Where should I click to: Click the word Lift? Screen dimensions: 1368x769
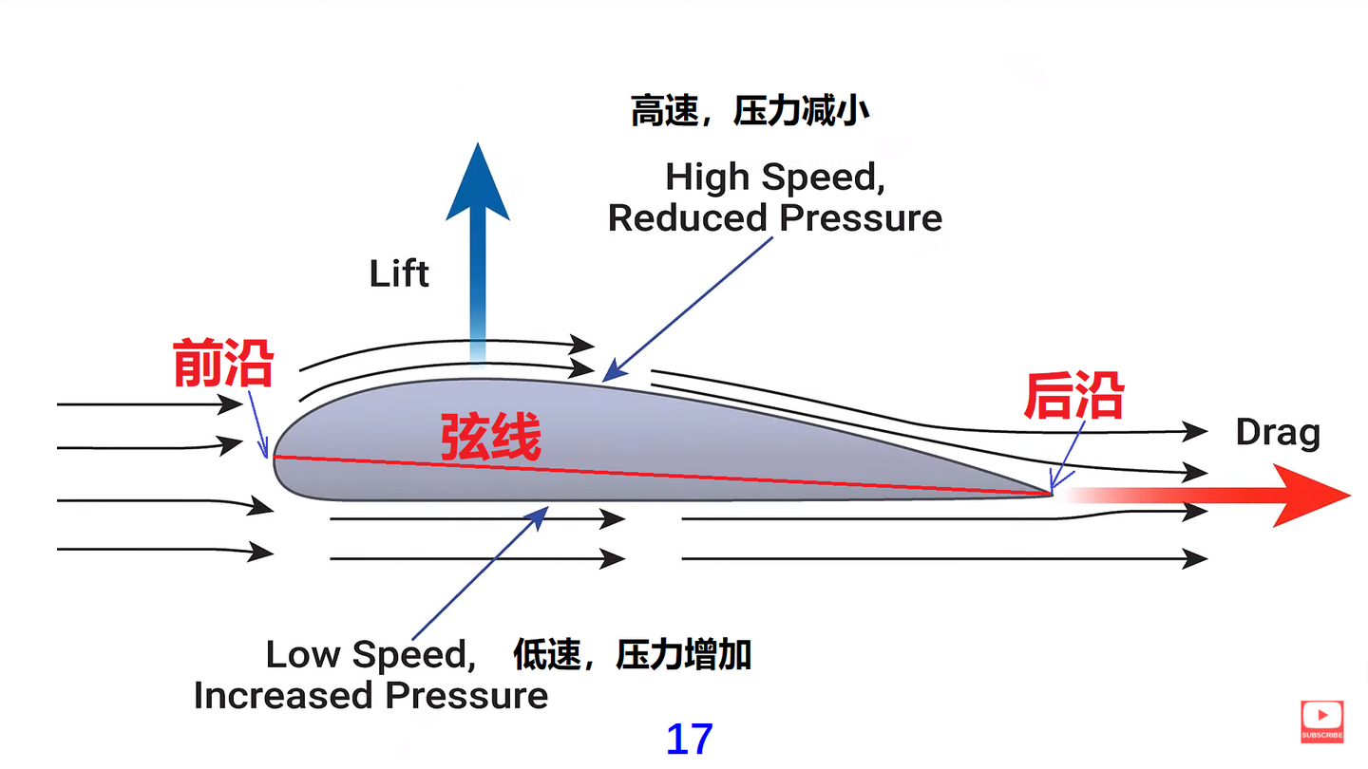tap(399, 274)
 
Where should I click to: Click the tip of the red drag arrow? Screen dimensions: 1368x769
tap(1347, 495)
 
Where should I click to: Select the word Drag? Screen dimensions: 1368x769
tap(1278, 433)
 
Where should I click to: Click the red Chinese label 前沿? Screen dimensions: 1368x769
tap(223, 364)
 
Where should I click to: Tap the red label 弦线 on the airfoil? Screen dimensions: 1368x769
tap(490, 438)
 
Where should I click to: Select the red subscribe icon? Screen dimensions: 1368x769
tap(1321, 720)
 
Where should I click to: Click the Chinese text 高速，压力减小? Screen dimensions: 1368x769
tap(750, 112)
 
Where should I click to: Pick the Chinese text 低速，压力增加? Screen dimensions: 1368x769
tap(633, 654)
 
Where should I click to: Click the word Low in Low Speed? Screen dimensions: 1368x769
tap(303, 654)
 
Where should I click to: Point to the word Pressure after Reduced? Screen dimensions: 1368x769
tap(860, 218)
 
